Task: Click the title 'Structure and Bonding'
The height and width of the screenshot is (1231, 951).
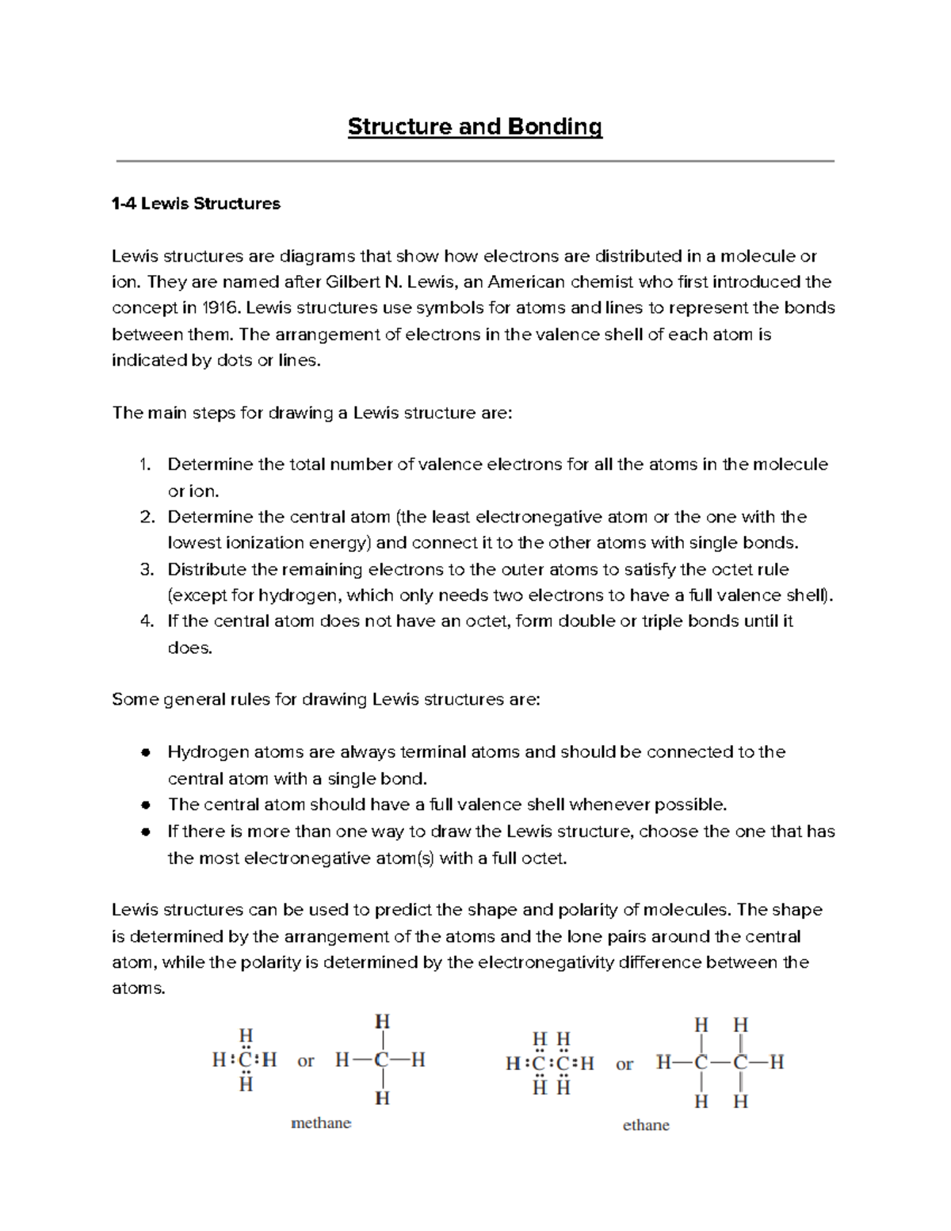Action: click(x=475, y=127)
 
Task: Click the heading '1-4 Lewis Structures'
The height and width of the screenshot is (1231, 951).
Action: click(x=196, y=204)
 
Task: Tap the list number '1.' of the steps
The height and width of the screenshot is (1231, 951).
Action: click(x=144, y=464)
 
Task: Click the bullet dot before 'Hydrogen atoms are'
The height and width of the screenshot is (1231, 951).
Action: click(x=146, y=752)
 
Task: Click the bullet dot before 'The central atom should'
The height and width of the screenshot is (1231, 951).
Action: click(x=146, y=805)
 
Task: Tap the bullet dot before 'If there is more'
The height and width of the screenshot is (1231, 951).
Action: click(x=146, y=832)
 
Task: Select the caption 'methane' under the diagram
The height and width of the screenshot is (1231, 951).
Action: click(x=321, y=1123)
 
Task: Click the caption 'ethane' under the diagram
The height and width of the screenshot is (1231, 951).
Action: click(x=646, y=1126)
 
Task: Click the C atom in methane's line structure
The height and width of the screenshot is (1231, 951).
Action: click(x=382, y=1061)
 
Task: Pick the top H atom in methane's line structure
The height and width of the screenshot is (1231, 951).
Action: click(x=382, y=1021)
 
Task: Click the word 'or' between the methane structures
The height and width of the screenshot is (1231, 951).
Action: click(x=306, y=1061)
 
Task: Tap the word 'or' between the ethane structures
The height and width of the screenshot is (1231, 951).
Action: click(x=624, y=1065)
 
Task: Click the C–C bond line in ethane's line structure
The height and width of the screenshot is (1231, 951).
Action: click(x=720, y=1062)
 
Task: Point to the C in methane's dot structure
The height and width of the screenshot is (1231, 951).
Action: click(x=246, y=1061)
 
